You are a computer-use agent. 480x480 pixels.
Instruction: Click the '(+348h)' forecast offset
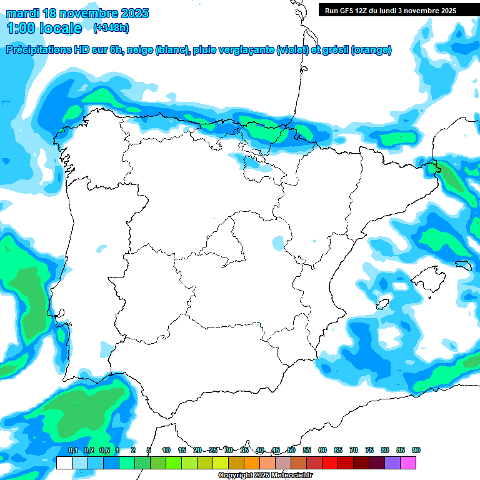[111, 28]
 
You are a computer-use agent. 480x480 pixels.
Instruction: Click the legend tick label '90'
[416, 450]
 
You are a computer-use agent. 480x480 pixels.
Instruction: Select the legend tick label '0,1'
[72, 450]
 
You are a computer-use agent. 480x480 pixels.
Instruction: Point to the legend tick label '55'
[307, 450]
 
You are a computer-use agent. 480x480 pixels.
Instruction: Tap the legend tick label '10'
[166, 450]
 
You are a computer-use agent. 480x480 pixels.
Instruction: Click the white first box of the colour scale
[64, 462]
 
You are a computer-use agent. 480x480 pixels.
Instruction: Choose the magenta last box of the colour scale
[408, 462]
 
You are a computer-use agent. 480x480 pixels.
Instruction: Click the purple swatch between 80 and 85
[392, 462]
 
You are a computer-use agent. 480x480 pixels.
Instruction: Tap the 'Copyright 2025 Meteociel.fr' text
[265, 476]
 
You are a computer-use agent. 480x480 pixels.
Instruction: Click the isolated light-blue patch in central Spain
[278, 242]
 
